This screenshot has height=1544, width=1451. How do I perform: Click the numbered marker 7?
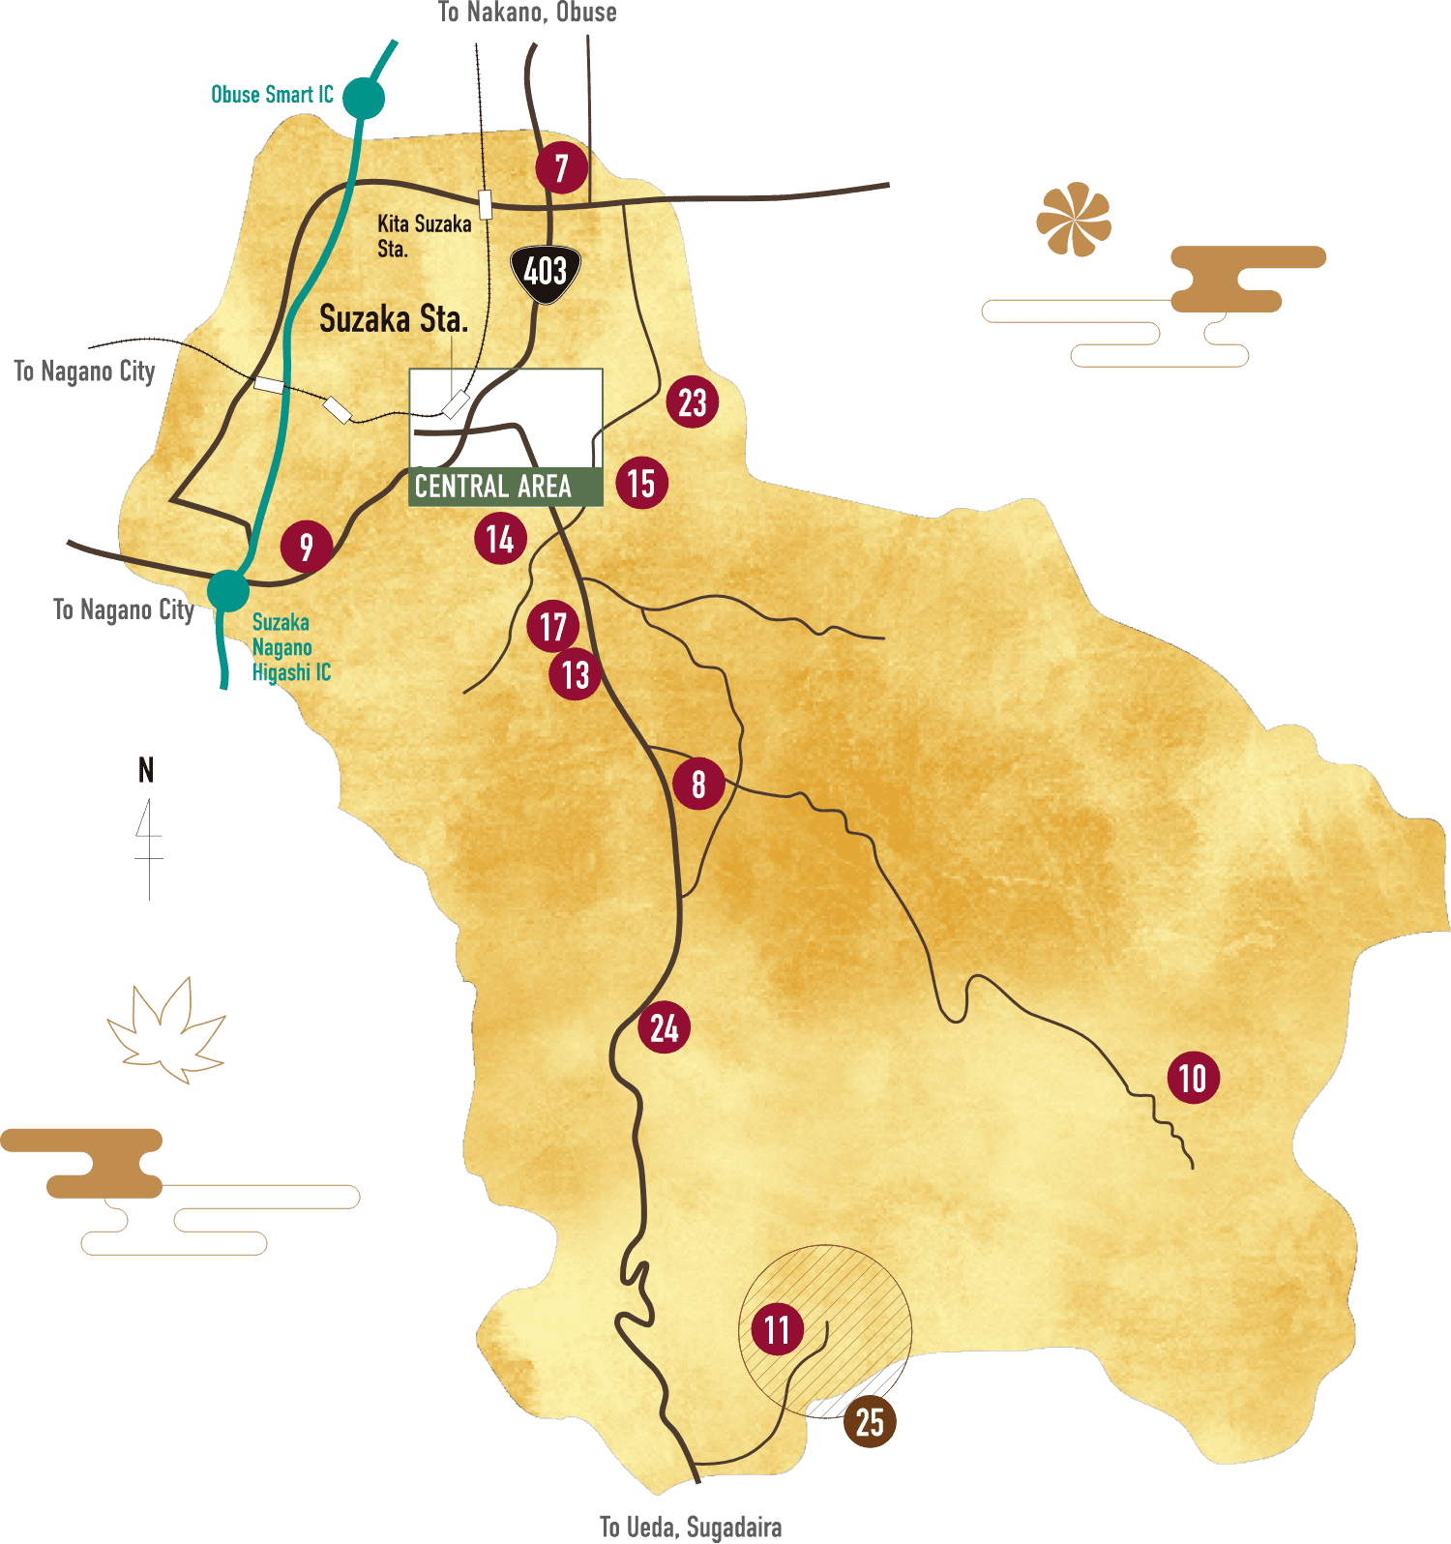pos(561,168)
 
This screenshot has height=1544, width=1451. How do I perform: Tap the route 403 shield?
pos(546,273)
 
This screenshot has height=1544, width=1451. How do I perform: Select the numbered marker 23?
pos(693,402)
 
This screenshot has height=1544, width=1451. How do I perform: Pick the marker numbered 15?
pos(641,483)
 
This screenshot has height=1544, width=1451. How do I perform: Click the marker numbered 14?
pos(500,539)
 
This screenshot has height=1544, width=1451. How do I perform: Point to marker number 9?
pos(307,547)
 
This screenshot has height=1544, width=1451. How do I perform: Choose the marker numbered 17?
pos(552,626)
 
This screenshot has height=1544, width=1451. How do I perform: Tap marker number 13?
pos(576,674)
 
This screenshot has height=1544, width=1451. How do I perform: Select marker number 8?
pos(698,784)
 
